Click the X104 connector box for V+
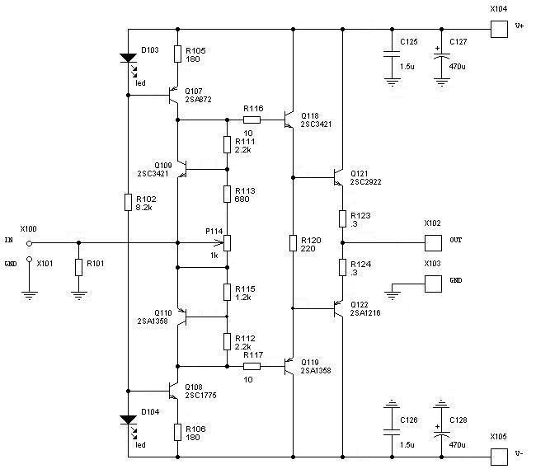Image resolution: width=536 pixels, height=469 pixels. click(x=499, y=30)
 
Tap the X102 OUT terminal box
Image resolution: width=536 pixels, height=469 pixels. click(x=434, y=243)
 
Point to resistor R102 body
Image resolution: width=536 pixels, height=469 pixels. click(x=129, y=203)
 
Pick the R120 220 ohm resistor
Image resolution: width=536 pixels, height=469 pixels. click(x=294, y=243)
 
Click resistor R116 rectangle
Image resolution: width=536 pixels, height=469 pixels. click(x=252, y=120)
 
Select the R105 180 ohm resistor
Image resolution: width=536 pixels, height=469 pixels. click(x=177, y=54)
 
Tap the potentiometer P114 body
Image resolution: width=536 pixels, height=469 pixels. click(x=227, y=243)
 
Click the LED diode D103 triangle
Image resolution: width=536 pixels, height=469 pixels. click(x=129, y=59)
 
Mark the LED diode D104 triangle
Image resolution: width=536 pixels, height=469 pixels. click(x=129, y=420)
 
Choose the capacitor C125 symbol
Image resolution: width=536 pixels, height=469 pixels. click(x=390, y=57)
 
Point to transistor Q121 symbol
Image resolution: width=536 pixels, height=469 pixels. click(x=336, y=177)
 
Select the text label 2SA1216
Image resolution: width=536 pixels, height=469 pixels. click(x=365, y=313)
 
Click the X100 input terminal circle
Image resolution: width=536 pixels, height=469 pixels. click(x=30, y=243)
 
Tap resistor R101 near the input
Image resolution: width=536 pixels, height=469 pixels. click(x=78, y=268)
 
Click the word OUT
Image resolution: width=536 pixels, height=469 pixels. click(x=456, y=240)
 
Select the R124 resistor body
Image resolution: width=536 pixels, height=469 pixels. click(x=342, y=268)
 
